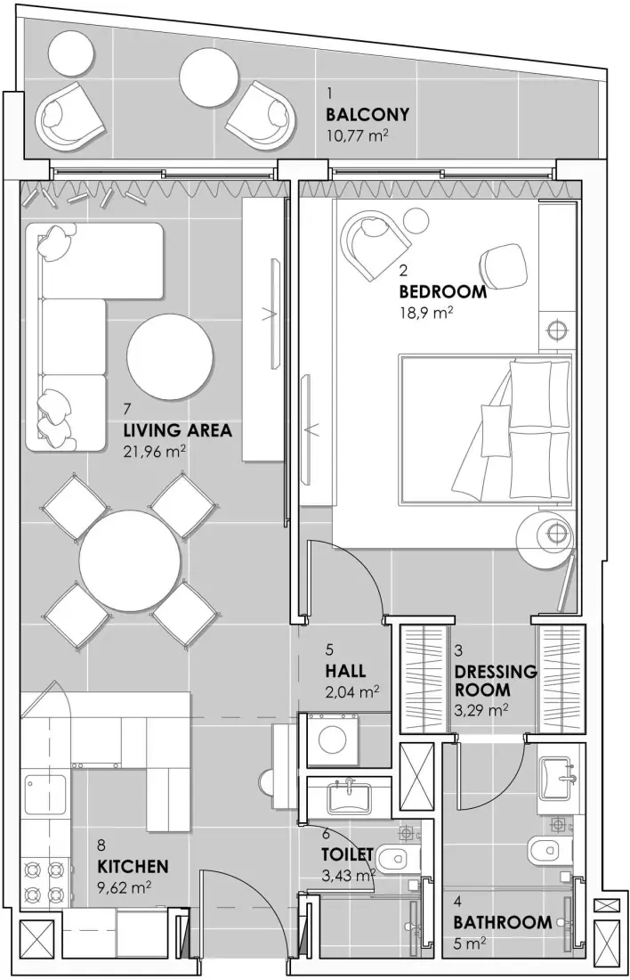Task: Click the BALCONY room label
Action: pos(367,115)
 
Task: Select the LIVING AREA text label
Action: pos(177,431)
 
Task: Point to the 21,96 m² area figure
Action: pos(154,452)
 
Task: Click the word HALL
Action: pos(345,671)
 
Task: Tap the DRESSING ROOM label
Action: pos(495,681)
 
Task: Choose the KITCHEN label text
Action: pos(133,865)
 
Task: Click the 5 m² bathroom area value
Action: pos(470,943)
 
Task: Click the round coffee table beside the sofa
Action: pos(170,357)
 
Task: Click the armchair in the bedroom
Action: pos(375,241)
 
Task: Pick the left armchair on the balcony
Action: pos(69,117)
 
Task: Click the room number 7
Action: pos(128,410)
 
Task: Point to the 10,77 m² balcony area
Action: pos(358,136)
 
